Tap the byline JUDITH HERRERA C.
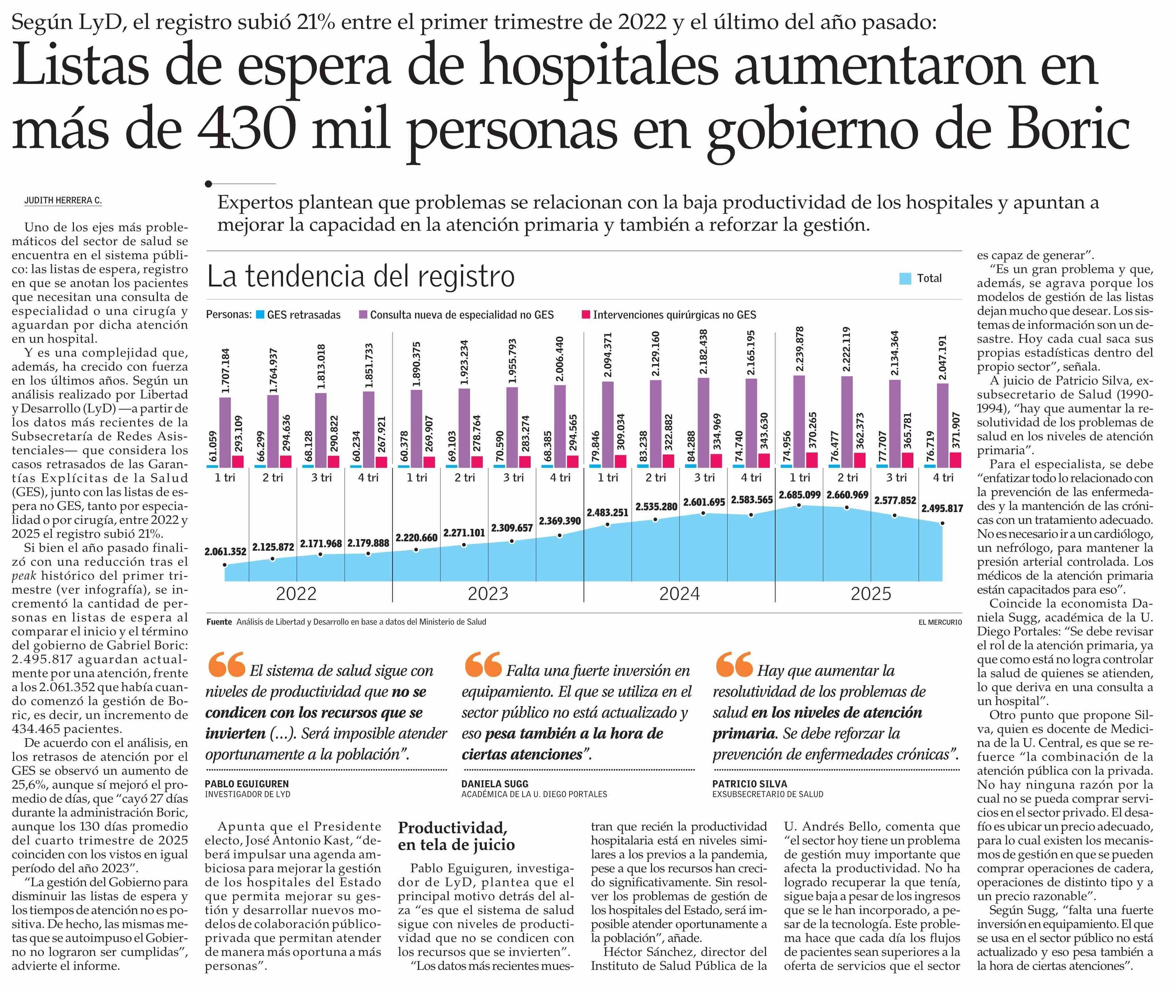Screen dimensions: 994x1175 tap(63, 201)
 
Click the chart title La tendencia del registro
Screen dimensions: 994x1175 tap(361, 277)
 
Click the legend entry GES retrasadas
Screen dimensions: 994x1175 tap(303, 315)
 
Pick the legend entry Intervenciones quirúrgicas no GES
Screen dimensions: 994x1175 tap(674, 315)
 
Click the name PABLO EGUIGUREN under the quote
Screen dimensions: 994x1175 tap(246, 784)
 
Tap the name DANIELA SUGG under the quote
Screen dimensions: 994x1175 tap(495, 784)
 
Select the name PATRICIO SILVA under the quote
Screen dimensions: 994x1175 tap(749, 784)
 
